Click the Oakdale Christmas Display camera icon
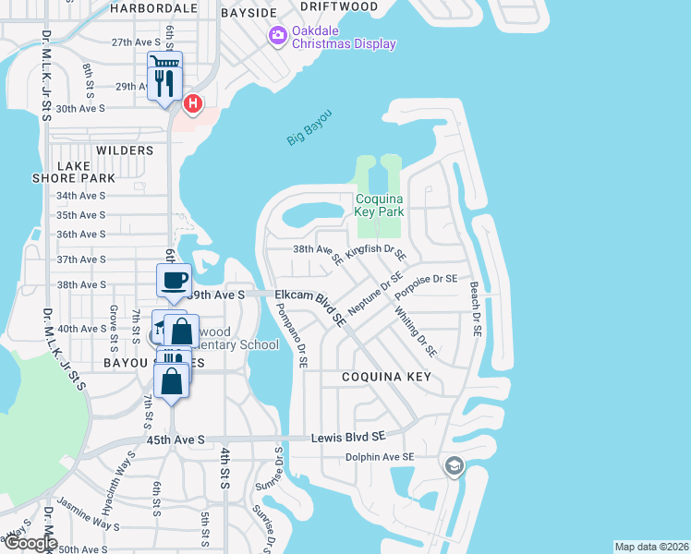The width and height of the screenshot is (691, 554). click(x=276, y=35)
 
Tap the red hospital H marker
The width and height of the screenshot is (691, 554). click(x=192, y=103)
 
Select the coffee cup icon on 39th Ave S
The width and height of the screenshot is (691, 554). click(x=174, y=281)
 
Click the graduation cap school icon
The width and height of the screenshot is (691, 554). click(x=452, y=465)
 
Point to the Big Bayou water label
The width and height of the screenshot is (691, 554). click(x=309, y=126)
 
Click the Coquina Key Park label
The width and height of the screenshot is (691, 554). click(x=379, y=204)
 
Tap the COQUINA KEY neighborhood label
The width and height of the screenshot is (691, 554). click(x=386, y=377)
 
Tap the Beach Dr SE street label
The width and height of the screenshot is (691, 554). click(x=476, y=309)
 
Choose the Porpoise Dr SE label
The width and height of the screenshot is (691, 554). click(x=426, y=287)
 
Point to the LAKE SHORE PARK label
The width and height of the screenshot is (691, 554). click(x=74, y=172)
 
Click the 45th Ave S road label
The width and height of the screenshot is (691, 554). click(x=176, y=440)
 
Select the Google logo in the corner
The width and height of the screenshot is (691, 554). click(x=30, y=543)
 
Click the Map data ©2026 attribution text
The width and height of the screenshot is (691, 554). click(x=650, y=547)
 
